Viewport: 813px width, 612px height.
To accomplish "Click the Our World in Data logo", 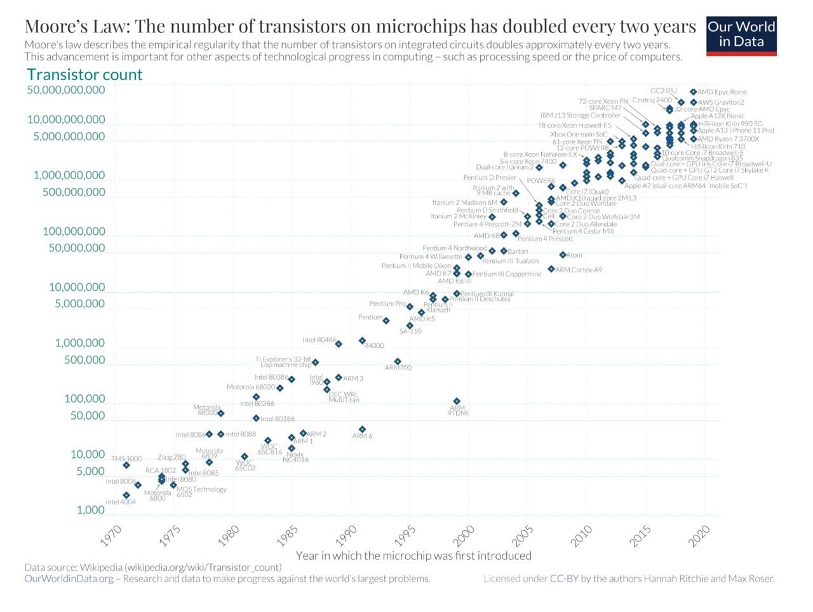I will [x=741, y=36].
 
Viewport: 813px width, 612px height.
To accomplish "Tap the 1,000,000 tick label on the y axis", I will [x=79, y=343].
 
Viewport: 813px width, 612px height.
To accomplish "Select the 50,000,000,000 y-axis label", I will [x=66, y=90].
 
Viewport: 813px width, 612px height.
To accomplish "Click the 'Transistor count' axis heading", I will [x=85, y=74].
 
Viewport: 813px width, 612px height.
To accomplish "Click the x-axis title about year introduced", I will [x=413, y=555].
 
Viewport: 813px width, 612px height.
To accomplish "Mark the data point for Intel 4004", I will [x=126, y=495].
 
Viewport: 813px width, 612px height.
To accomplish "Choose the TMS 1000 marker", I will [x=126, y=465].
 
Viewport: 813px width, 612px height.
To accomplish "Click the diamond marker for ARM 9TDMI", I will [x=457, y=401].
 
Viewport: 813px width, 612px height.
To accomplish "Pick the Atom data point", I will [x=563, y=255].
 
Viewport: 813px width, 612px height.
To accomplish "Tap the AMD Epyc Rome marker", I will [x=693, y=92].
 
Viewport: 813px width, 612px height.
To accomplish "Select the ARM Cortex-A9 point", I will [x=551, y=269].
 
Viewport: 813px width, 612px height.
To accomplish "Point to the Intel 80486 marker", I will [x=339, y=344].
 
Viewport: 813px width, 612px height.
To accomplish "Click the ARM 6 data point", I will [x=362, y=429].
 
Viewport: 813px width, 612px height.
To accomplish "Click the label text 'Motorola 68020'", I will [x=251, y=387].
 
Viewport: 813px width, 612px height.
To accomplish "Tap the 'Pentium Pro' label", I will [x=387, y=304].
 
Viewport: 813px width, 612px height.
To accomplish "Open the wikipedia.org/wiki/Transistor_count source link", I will [x=203, y=567].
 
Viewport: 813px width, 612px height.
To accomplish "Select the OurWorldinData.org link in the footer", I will [x=69, y=578].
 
